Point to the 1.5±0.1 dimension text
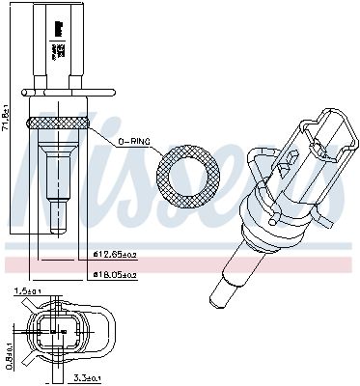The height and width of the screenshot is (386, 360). (x=26, y=290)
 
